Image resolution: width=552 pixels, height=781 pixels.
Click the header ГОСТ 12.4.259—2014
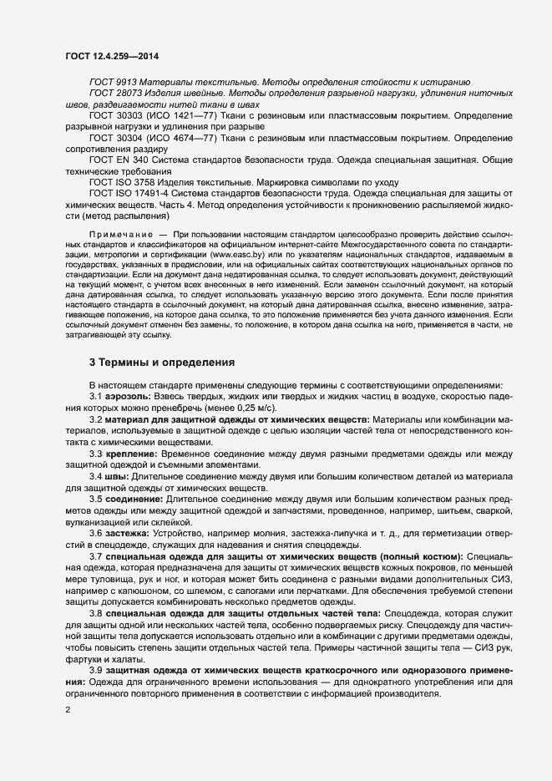pos(111,56)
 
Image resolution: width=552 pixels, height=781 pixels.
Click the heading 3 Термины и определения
pos(162,363)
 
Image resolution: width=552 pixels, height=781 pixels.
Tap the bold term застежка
pos(129,532)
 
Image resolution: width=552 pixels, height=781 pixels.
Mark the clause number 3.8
pos(96,612)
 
